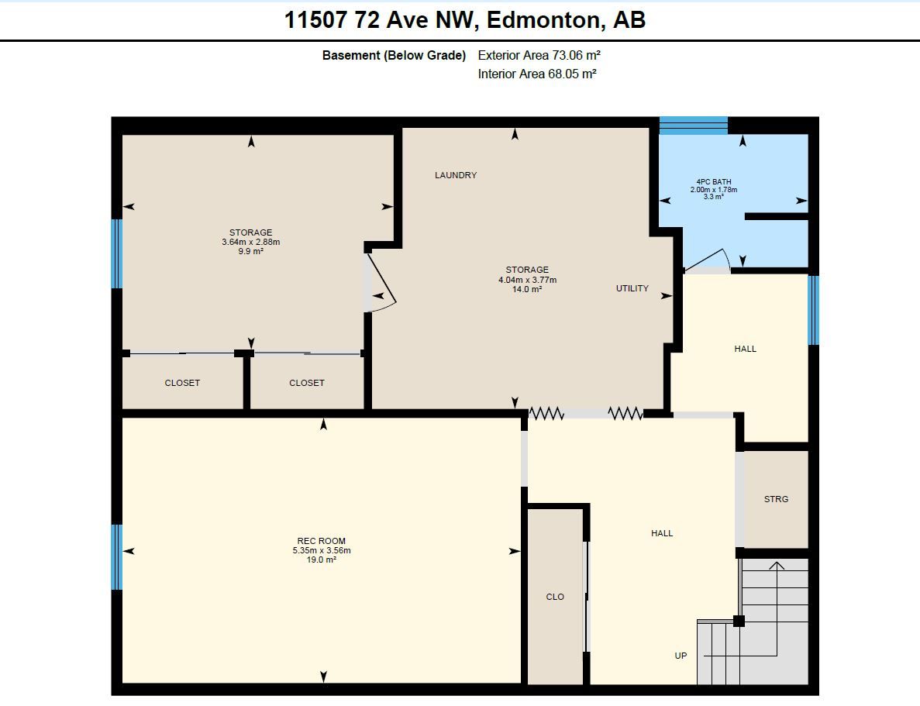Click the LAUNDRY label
click(x=455, y=175)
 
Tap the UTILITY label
click(x=632, y=288)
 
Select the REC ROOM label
click(x=322, y=541)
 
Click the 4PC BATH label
click(x=714, y=182)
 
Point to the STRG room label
click(x=776, y=499)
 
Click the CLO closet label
click(x=555, y=597)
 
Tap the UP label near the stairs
click(x=681, y=656)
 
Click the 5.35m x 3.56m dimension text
click(x=322, y=550)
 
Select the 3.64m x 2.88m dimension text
click(x=250, y=242)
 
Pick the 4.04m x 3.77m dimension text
click(x=528, y=280)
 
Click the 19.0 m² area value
click(x=322, y=560)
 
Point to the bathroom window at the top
click(x=694, y=126)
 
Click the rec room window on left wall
click(x=117, y=557)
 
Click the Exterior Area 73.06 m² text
click(x=539, y=55)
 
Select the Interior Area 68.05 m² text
click(x=537, y=74)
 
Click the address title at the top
click(x=465, y=20)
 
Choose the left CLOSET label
click(x=182, y=383)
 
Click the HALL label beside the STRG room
click(x=662, y=533)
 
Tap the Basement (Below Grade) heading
click(x=394, y=55)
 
